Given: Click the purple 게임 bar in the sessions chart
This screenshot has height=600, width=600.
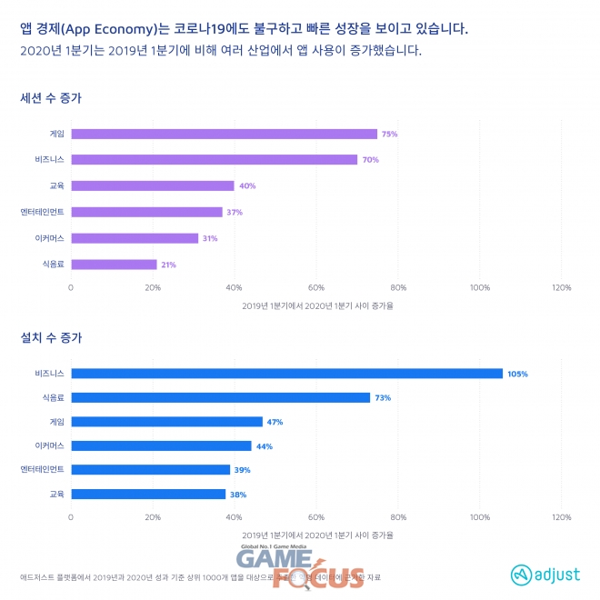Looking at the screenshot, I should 224,134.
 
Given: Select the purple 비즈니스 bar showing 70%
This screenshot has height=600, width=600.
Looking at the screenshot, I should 214,160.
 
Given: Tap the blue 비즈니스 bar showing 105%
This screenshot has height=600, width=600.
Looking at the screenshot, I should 286,373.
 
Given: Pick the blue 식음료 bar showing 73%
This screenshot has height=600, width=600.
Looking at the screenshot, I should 220,397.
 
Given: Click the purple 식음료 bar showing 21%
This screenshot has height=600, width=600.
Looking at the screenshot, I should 114,265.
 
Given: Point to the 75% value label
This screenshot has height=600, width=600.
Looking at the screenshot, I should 390,134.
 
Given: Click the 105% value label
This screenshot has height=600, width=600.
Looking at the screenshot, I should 518,374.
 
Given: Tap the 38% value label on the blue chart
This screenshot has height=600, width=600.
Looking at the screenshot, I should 238,495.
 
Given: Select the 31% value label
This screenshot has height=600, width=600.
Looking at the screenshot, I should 209,239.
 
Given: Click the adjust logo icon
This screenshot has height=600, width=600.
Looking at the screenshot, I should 519,575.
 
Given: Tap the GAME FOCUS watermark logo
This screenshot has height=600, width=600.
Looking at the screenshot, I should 300,566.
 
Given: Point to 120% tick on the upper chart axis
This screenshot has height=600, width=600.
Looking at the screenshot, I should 561,287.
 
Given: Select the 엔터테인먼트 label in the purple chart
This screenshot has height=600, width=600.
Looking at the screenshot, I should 42,212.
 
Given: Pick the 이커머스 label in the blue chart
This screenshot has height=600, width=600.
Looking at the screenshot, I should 48,445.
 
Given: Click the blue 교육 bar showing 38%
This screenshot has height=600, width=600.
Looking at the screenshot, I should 148,494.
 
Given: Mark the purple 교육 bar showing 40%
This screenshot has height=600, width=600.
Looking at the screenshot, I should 153,185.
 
